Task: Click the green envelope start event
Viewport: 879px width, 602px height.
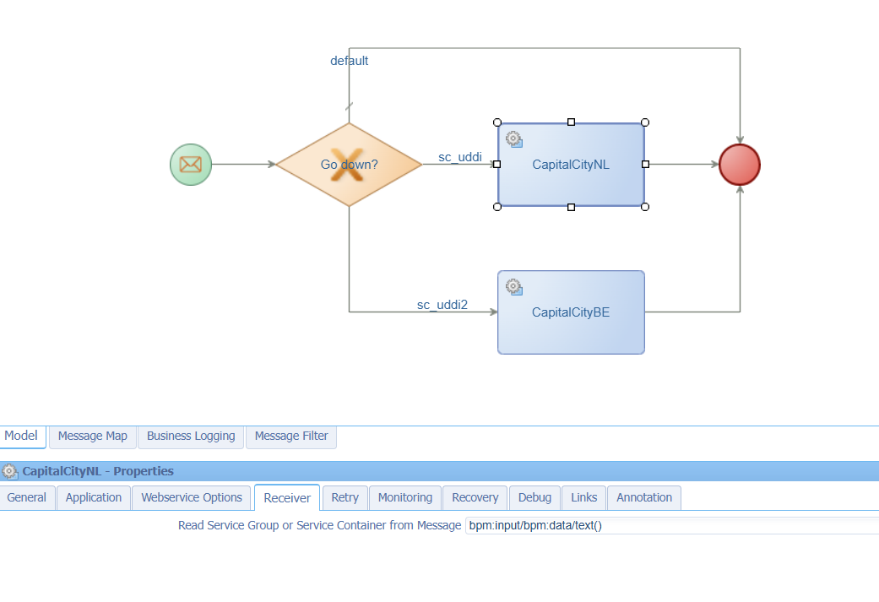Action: click(x=191, y=165)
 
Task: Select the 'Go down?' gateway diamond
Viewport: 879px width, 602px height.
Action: click(x=349, y=165)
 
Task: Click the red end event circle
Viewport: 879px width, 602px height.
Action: click(x=740, y=165)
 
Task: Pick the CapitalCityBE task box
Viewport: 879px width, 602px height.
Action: click(x=571, y=312)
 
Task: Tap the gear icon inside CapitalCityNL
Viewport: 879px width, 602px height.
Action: click(x=513, y=139)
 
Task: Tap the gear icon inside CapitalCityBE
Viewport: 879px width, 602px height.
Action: click(x=513, y=287)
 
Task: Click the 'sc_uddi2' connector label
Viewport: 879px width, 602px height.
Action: click(x=442, y=305)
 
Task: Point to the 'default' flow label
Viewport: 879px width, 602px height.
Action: click(x=350, y=61)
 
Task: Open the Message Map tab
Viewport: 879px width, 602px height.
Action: click(x=93, y=436)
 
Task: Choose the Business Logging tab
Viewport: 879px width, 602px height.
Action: click(x=191, y=436)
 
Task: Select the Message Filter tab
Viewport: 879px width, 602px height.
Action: click(x=291, y=436)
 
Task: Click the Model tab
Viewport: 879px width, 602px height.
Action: click(x=21, y=436)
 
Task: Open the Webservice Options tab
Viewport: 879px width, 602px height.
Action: click(x=192, y=498)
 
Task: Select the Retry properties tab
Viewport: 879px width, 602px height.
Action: click(x=345, y=498)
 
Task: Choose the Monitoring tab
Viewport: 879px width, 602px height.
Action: click(x=405, y=498)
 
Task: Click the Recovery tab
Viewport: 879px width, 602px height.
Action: click(x=475, y=498)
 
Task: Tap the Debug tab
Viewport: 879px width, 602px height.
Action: click(x=534, y=498)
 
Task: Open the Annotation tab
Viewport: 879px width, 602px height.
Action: click(x=644, y=498)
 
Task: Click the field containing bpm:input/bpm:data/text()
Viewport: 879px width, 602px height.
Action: click(x=672, y=526)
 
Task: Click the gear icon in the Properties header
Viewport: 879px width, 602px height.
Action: click(x=9, y=471)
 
